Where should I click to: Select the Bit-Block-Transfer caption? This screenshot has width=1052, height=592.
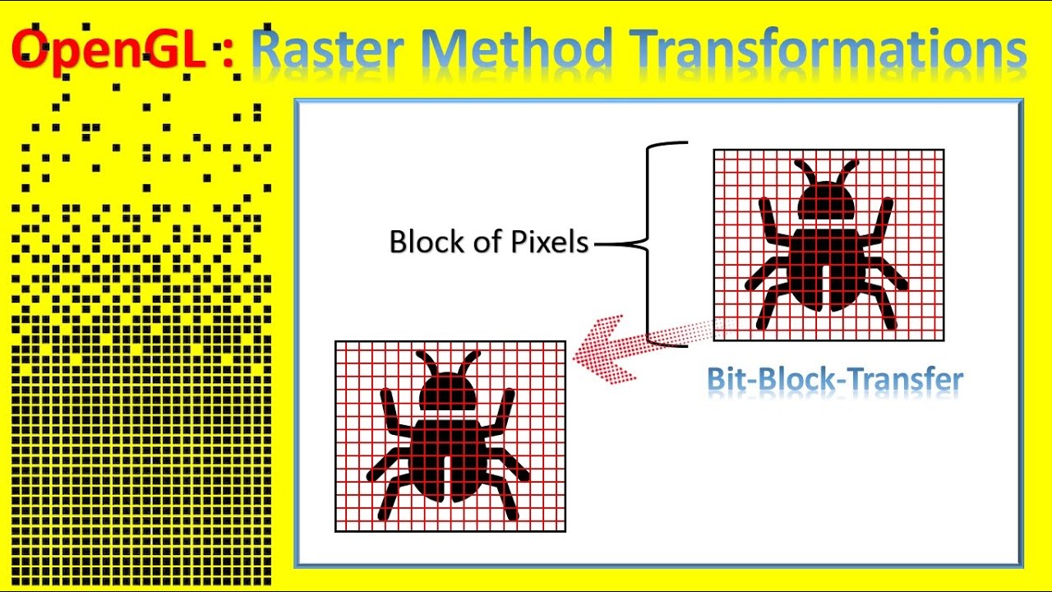tap(835, 380)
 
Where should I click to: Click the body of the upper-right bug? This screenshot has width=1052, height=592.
tap(828, 268)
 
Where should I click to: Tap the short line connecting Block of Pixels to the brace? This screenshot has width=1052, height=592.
tap(612, 243)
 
